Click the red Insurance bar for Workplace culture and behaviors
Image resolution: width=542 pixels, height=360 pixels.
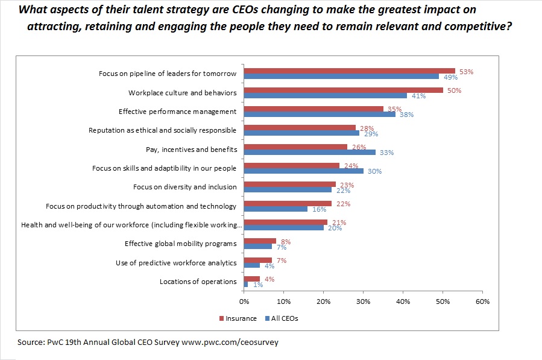344,90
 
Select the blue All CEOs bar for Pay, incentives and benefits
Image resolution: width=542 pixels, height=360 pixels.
310,152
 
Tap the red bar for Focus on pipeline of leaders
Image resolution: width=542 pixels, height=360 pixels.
350,71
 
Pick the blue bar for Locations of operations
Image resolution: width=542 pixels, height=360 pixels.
246,284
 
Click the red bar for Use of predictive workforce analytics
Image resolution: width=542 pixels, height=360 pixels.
258,260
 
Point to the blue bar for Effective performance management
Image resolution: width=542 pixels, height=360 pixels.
320,113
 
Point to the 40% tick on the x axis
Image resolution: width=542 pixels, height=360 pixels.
403,301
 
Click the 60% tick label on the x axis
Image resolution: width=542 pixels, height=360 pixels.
482,301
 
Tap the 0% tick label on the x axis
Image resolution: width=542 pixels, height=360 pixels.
244,301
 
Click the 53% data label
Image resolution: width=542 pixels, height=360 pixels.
466,71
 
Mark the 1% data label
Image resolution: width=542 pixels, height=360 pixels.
257,285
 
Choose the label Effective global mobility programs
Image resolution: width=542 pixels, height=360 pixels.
181,244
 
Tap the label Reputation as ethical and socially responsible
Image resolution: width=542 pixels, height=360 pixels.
163,130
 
